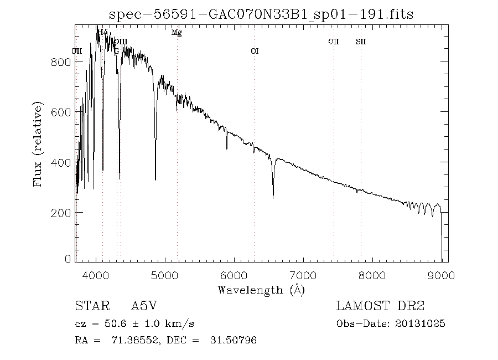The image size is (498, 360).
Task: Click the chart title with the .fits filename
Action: click(261, 14)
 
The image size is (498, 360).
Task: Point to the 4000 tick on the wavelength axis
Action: click(96, 274)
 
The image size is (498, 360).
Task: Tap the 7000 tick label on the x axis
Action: click(303, 274)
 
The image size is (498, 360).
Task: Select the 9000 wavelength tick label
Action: click(441, 274)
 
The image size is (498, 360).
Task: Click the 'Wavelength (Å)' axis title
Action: click(261, 290)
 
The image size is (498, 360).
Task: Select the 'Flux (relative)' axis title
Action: click(38, 144)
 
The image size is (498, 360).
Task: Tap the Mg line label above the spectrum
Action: click(177, 33)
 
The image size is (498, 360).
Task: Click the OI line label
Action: click(255, 52)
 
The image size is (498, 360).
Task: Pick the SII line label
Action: click(361, 42)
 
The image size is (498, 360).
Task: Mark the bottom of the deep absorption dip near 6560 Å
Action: click(273, 197)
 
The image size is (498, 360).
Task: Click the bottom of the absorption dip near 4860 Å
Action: click(155, 179)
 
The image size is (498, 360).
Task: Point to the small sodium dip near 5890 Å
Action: click(226, 148)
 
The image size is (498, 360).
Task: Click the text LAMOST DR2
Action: click(380, 306)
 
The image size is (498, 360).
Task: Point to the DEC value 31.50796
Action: click(233, 340)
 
